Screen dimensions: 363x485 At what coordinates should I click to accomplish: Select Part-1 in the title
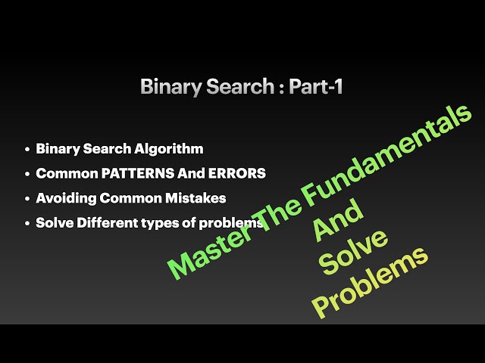coord(316,87)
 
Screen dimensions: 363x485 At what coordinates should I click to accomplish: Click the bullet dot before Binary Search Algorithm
coord(27,150)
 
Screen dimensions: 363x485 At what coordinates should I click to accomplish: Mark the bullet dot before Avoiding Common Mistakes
coord(27,199)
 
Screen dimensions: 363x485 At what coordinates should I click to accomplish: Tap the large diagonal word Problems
coord(371,284)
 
